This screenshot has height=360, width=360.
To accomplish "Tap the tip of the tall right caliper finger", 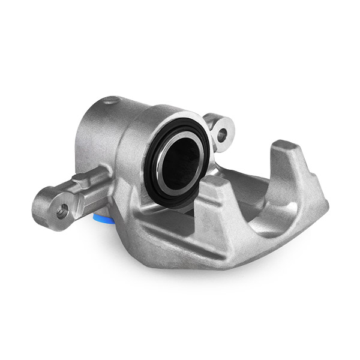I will (x=287, y=146).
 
